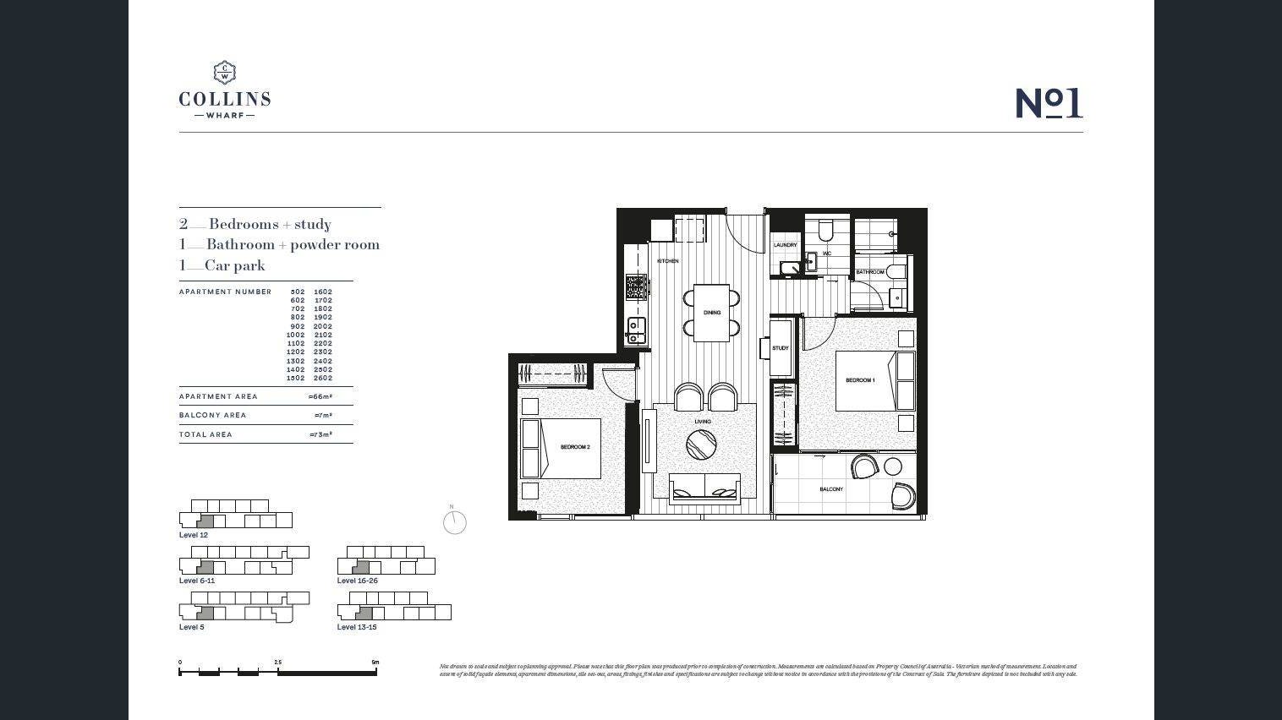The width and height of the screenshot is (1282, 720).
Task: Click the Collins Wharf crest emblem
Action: tap(224, 72)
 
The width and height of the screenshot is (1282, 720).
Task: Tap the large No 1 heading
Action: tap(1049, 103)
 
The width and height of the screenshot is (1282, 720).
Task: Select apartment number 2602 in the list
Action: tap(323, 378)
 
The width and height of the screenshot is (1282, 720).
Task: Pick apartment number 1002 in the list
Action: tap(296, 335)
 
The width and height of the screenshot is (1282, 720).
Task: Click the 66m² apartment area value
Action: tap(320, 396)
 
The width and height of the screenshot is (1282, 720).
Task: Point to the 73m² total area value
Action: tap(320, 434)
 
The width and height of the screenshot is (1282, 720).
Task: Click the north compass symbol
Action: tap(455, 521)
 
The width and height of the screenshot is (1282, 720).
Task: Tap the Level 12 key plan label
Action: tap(193, 535)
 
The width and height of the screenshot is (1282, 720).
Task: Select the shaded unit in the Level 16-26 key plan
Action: tap(361, 567)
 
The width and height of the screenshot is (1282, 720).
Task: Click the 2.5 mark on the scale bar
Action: tap(277, 663)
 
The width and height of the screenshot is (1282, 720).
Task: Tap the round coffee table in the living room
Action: tap(701, 445)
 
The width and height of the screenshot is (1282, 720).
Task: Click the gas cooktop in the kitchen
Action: tap(635, 287)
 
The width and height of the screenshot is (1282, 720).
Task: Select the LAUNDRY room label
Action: tap(785, 245)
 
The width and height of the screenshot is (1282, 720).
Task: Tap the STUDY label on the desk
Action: tap(781, 348)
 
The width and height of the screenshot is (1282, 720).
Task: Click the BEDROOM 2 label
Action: tap(575, 447)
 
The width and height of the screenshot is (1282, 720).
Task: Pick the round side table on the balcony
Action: tap(893, 466)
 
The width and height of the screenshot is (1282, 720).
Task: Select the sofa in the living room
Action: tap(704, 488)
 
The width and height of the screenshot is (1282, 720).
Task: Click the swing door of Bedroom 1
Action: tap(819, 335)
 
